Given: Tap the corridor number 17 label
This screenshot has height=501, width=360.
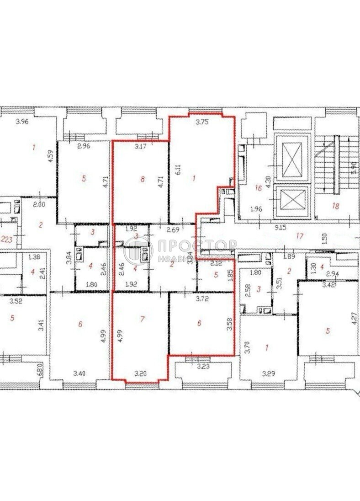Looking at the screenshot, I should tap(300, 236).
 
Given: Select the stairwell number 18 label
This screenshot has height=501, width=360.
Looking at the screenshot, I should tap(336, 206).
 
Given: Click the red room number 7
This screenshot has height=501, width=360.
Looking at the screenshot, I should tap(143, 319).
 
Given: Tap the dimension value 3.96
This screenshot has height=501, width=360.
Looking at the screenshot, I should tap(22, 122).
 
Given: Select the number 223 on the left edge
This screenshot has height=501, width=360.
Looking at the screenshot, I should tap(6, 239).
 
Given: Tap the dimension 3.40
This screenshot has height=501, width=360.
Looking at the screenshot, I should tap(79, 372).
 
